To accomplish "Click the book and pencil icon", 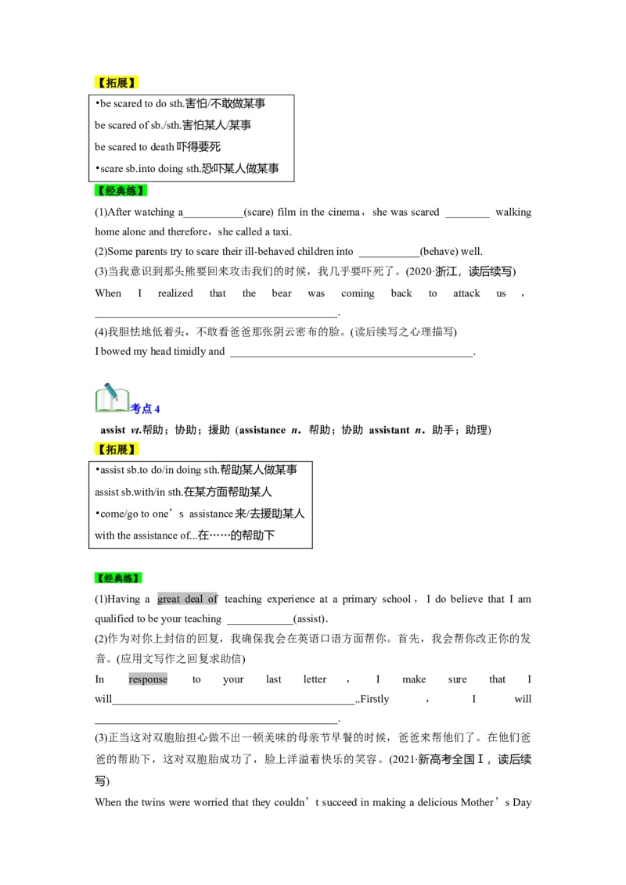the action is pyautogui.click(x=113, y=399).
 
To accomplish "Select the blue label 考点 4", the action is pyautogui.click(x=146, y=409).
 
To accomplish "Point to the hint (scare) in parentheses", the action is pyautogui.click(x=259, y=212).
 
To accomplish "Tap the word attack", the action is pyautogui.click(x=466, y=293).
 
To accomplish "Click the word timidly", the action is pyautogui.click(x=189, y=352).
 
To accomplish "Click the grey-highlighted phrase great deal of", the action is pyautogui.click(x=188, y=600).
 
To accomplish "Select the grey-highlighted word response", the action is pyautogui.click(x=148, y=679).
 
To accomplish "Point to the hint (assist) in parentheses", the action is pyautogui.click(x=310, y=619).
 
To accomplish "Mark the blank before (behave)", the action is pyautogui.click(x=389, y=256).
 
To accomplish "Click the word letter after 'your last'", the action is pyautogui.click(x=315, y=679).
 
